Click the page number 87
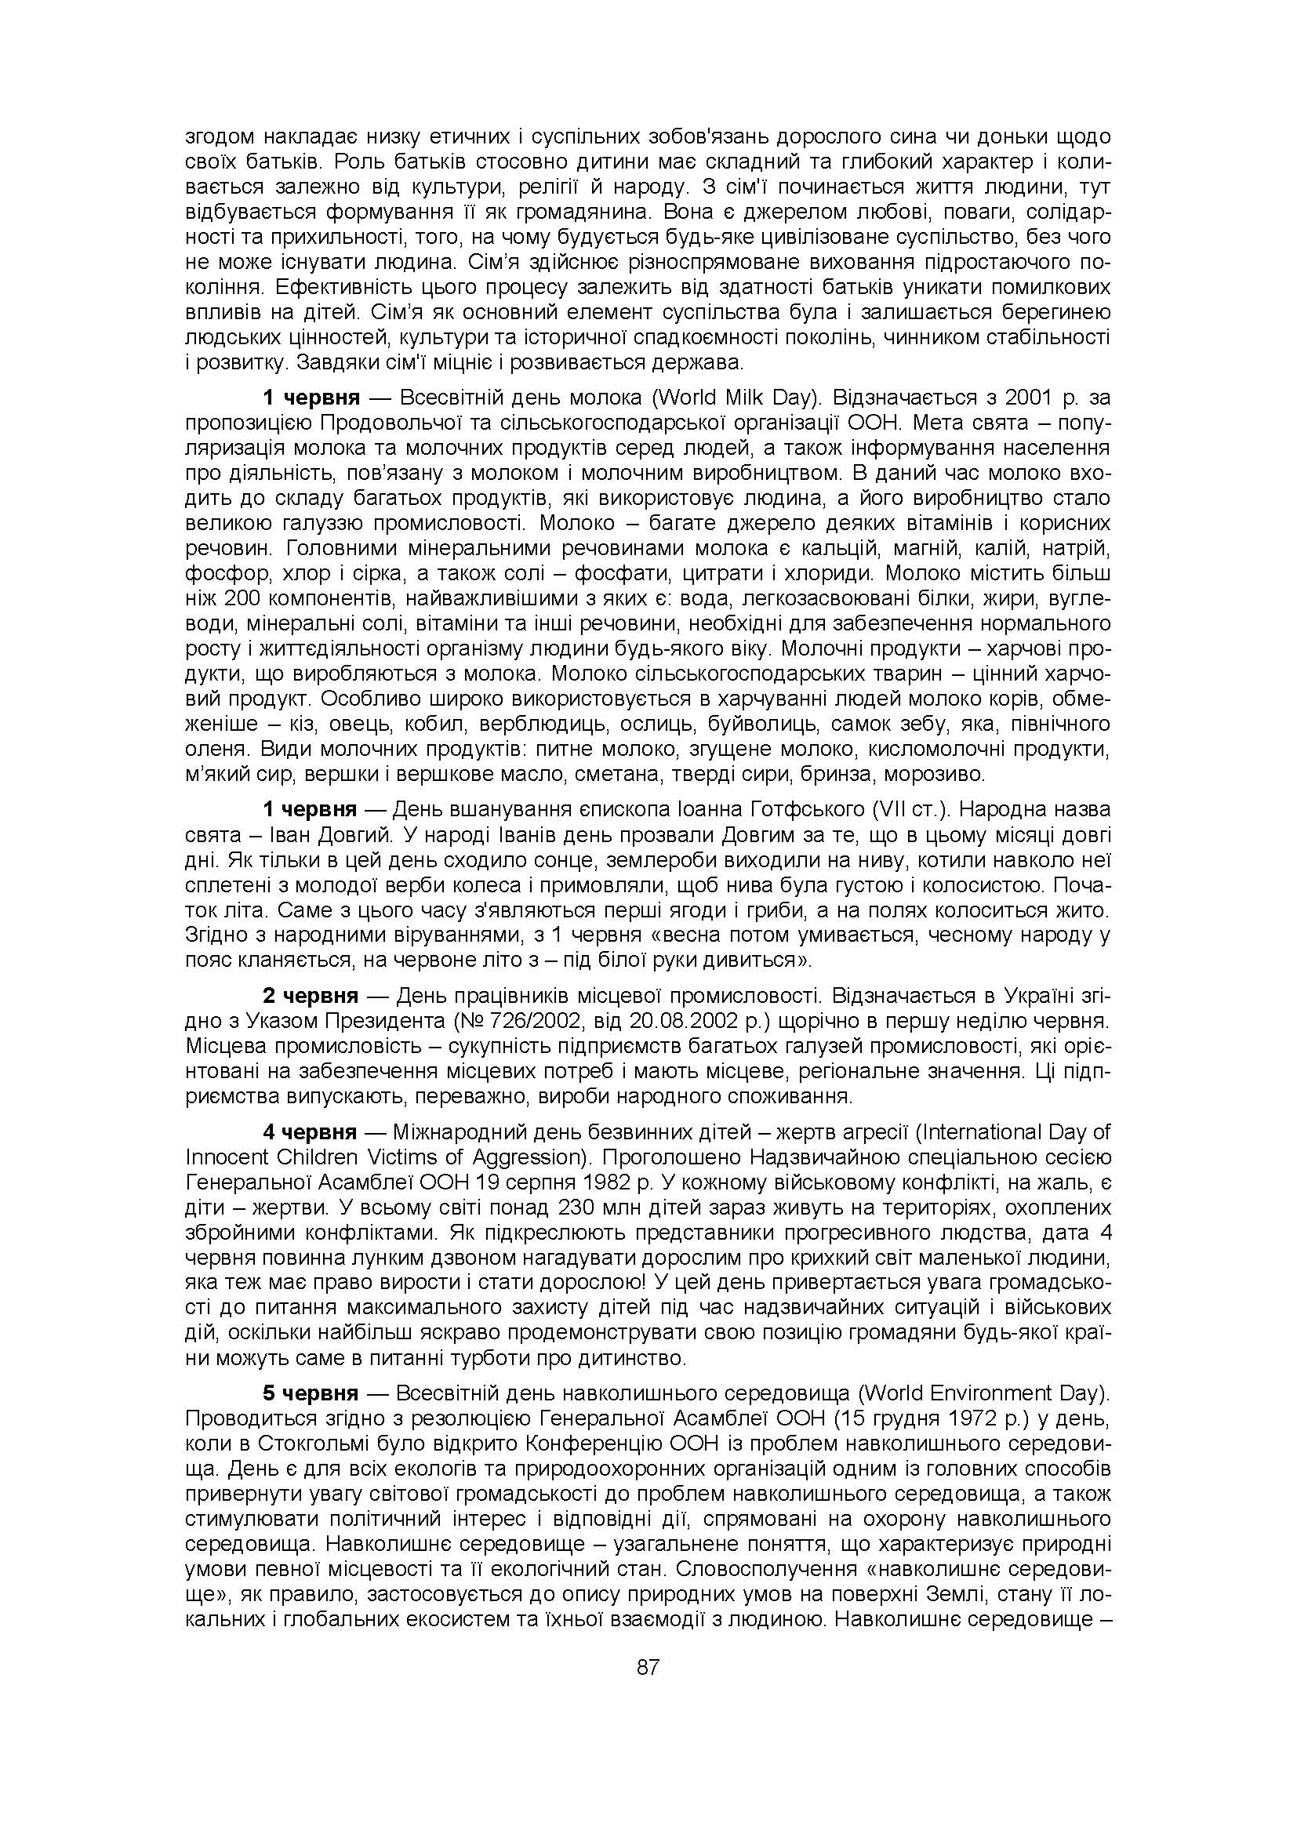tap(648, 1667)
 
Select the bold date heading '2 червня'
tap(311, 996)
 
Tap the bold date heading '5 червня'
tap(311, 1394)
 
